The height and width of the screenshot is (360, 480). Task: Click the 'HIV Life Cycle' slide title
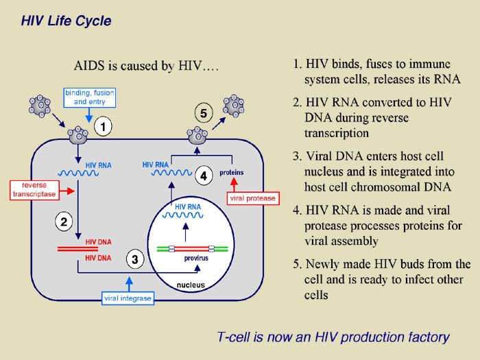pyautogui.click(x=66, y=21)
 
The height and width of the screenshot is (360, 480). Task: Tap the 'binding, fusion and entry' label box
pyautogui.click(x=90, y=97)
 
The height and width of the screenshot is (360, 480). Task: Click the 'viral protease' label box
pyautogui.click(x=251, y=198)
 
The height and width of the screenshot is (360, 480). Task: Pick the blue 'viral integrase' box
pyautogui.click(x=127, y=298)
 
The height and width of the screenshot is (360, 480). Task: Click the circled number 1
pyautogui.click(x=102, y=127)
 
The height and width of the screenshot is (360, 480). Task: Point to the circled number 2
pyautogui.click(x=63, y=221)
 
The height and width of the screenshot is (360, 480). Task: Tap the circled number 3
pyautogui.click(x=135, y=259)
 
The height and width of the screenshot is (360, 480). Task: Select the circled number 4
pyautogui.click(x=203, y=176)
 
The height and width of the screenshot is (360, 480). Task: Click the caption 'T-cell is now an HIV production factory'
pyautogui.click(x=333, y=337)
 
